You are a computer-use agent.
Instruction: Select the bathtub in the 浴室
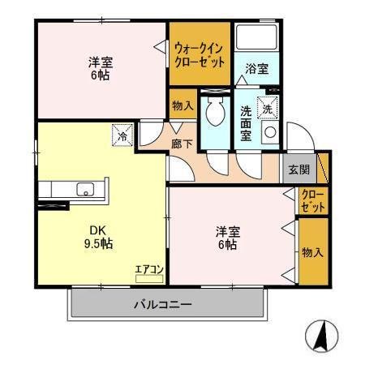[255, 39]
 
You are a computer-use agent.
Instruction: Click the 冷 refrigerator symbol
[121, 135]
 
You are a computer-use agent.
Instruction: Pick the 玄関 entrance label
[298, 170]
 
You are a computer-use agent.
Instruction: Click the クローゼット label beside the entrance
[313, 201]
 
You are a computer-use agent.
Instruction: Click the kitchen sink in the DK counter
[84, 190]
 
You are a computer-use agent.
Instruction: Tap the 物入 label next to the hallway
[182, 105]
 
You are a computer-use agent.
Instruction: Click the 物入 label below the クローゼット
[313, 253]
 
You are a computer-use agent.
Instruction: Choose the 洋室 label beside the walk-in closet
[99, 67]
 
